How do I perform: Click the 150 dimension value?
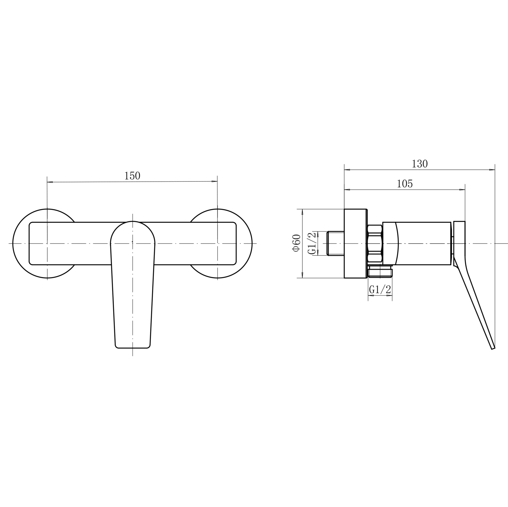coord(132,176)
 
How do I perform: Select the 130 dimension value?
coord(420,164)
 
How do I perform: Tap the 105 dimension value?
coord(405,184)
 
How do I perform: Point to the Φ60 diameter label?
coord(296,242)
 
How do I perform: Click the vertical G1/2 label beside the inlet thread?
coord(313,243)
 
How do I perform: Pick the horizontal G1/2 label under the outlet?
coord(380,290)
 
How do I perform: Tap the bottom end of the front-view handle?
coord(133,348)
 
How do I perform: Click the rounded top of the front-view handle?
coord(133,222)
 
